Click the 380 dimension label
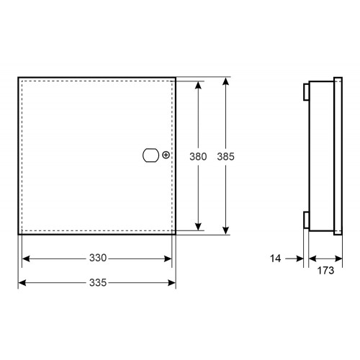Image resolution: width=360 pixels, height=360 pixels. click(198, 156)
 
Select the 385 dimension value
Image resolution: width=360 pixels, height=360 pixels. click(225, 156)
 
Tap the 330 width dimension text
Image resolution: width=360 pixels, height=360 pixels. click(98, 258)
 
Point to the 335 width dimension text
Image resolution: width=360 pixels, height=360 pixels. click(98, 282)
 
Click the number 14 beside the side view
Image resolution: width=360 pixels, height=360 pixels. click(275, 258)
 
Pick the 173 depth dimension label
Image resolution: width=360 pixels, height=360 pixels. click(325, 271)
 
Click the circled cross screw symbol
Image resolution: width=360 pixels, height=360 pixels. click(166, 155)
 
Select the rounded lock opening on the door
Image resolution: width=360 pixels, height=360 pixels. click(150, 156)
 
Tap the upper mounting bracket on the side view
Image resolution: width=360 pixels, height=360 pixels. click(306, 91)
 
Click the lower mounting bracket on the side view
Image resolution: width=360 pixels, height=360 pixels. click(306, 220)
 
